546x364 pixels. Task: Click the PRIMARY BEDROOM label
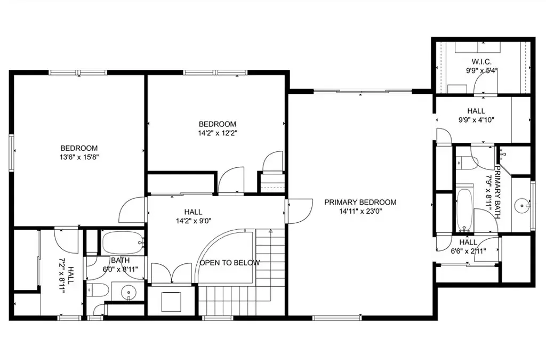click(x=360, y=202)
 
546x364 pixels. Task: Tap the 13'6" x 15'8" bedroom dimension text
click(x=79, y=157)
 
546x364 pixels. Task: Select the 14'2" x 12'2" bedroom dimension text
click(x=218, y=133)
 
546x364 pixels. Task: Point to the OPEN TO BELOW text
click(x=230, y=263)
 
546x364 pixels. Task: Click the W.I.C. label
click(x=482, y=62)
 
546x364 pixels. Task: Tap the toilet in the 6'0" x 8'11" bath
click(x=98, y=289)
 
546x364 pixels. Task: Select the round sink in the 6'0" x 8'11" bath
click(x=129, y=291)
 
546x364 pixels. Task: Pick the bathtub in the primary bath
click(x=464, y=210)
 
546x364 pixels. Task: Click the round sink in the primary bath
click(x=522, y=206)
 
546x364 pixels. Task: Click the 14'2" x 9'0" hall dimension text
click(x=194, y=221)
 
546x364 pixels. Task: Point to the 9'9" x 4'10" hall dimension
click(x=476, y=120)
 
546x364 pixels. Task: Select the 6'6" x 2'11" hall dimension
click(x=468, y=250)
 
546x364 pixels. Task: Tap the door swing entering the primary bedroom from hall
click(x=300, y=211)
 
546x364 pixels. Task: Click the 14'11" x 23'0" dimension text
click(x=360, y=211)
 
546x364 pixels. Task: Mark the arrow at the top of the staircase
click(x=270, y=231)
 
